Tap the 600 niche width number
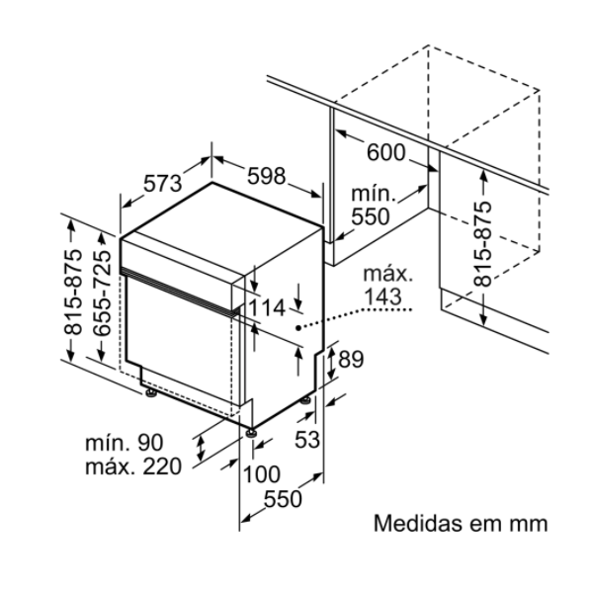coord(385,152)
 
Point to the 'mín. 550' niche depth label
coord(372,205)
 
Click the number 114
coord(266,308)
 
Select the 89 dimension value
coord(351,361)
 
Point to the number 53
coord(308,440)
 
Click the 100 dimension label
coord(262,473)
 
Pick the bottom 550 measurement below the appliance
coord(283,500)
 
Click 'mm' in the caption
coord(530,523)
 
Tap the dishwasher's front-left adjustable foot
coord(150,395)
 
